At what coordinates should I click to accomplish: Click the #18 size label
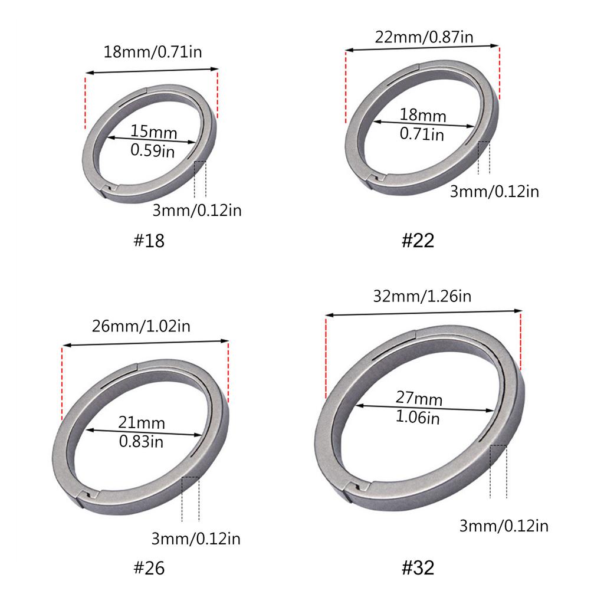149,241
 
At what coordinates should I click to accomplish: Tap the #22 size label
418,241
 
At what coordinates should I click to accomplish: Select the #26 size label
149,568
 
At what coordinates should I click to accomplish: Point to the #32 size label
418,567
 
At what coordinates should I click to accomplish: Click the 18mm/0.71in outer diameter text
153,52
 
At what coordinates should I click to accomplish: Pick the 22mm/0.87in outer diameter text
424,37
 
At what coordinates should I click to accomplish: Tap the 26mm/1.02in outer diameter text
141,326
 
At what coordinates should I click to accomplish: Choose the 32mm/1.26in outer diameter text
422,296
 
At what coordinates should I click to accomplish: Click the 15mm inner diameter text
154,132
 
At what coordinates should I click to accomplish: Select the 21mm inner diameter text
142,422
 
